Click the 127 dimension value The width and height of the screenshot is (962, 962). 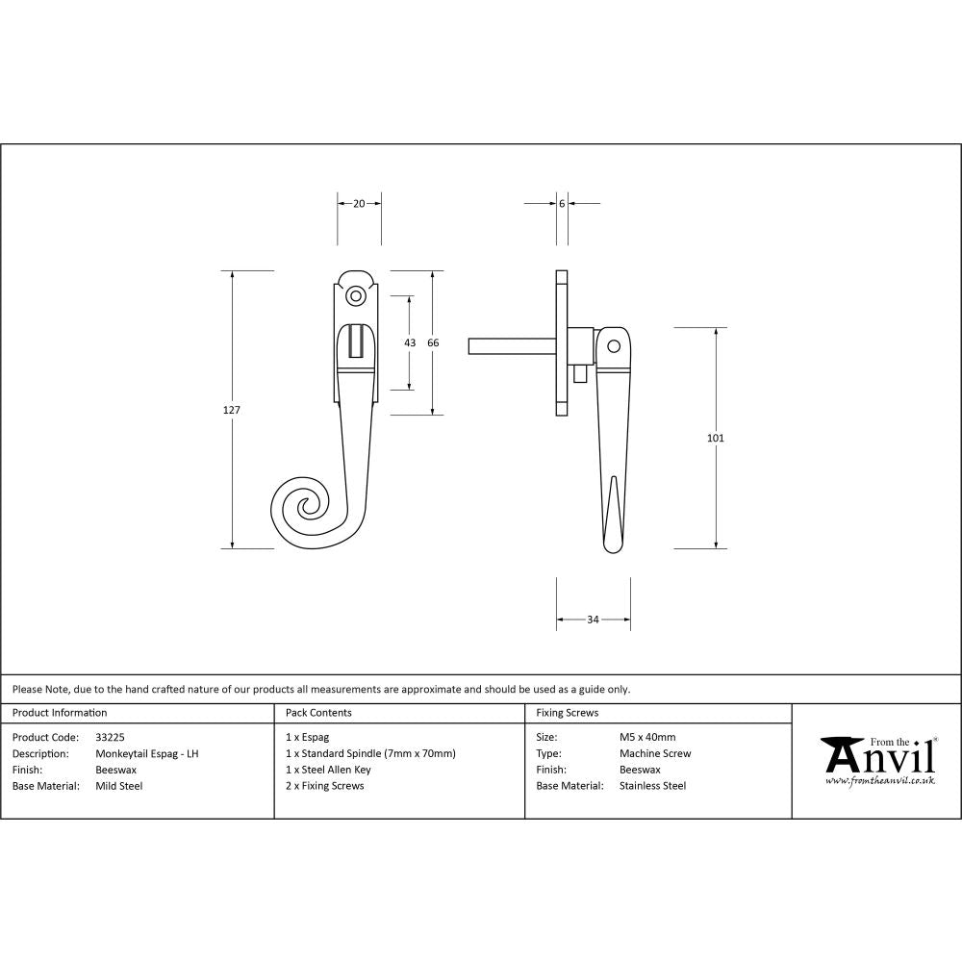(x=231, y=410)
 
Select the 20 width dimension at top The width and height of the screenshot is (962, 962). (x=359, y=203)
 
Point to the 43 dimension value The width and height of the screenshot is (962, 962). (x=410, y=342)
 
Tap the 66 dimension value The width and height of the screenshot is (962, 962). (x=433, y=342)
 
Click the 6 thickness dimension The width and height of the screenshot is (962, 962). (x=562, y=203)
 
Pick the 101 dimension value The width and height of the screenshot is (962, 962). (x=715, y=438)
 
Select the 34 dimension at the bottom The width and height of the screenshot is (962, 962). (x=593, y=620)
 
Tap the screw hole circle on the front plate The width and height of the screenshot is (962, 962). (x=356, y=296)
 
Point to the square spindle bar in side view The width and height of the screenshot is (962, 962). (x=510, y=345)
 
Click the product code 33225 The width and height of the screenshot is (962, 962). (x=110, y=738)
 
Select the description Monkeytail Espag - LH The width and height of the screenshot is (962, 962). (x=147, y=754)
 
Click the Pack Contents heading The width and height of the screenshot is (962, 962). (x=318, y=713)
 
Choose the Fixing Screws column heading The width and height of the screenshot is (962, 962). (x=567, y=713)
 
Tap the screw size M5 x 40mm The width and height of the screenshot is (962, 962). (x=647, y=738)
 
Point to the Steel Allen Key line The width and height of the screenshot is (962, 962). (x=328, y=770)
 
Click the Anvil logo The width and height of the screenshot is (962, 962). (x=877, y=759)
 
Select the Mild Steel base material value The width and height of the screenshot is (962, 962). (x=119, y=786)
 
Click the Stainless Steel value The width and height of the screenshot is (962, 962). (x=652, y=786)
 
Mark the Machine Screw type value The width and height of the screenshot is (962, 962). (x=655, y=754)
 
